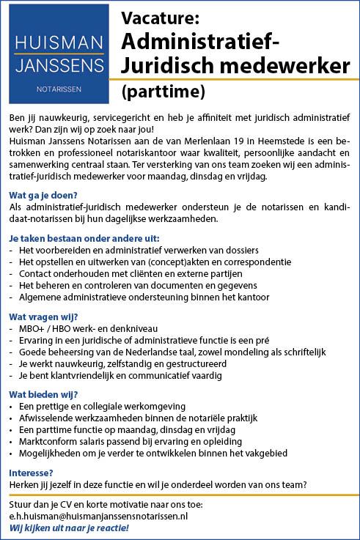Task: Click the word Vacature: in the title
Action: point(160,17)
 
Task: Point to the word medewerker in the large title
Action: point(294,65)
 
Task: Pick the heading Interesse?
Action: point(30,473)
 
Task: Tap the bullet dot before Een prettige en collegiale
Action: point(11,407)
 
